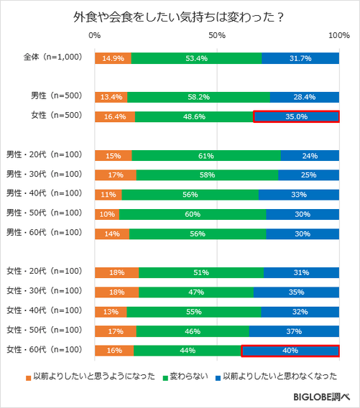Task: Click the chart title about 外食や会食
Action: (180, 16)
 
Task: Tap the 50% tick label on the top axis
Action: (216, 35)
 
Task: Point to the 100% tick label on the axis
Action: (338, 35)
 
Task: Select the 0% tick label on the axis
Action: (94, 35)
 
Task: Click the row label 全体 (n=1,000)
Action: (48, 57)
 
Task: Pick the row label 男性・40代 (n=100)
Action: (45, 193)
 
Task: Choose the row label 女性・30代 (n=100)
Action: (45, 291)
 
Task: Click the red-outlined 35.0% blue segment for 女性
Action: (296, 116)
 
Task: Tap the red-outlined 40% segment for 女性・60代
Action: (290, 351)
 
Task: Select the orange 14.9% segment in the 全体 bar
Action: (112, 58)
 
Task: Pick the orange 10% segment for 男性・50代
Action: (106, 213)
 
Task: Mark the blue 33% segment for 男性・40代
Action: (298, 194)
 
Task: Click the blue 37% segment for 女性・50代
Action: (293, 331)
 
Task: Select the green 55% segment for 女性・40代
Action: (193, 312)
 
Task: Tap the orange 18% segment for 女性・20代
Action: (116, 272)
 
